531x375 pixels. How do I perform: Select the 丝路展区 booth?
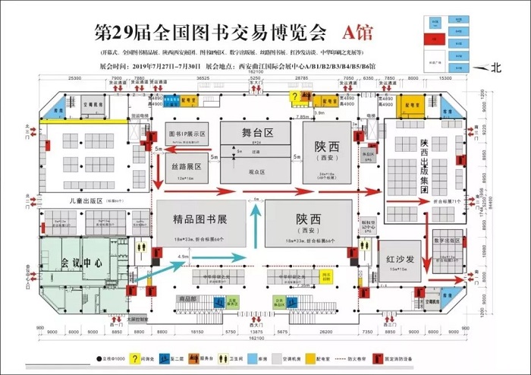(x=185, y=167)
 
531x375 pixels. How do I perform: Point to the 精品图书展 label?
(x=200, y=221)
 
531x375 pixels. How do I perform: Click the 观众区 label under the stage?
(x=257, y=172)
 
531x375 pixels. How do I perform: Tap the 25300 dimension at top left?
(x=74, y=77)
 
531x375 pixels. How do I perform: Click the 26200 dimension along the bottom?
(x=328, y=332)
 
